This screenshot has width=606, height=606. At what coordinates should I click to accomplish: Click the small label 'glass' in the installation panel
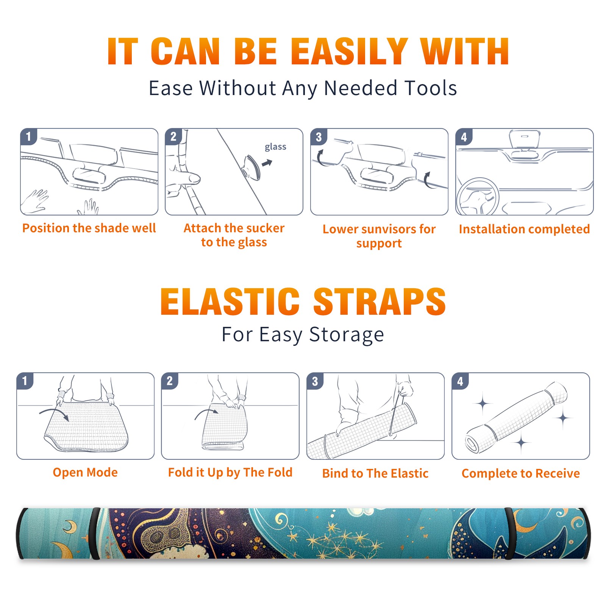(275, 147)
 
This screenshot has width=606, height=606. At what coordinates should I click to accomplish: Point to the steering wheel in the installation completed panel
(477, 197)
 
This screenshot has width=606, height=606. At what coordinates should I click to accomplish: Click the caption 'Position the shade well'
(89, 228)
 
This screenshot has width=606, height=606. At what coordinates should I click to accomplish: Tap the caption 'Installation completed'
(524, 229)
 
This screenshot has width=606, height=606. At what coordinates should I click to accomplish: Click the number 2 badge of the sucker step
(173, 136)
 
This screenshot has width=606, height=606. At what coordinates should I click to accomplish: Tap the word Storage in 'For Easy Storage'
(347, 335)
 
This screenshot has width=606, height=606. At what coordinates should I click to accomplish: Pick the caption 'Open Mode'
(85, 472)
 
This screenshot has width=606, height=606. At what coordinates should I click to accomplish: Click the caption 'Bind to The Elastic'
(375, 473)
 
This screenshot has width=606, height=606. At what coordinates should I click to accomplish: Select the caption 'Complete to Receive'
(521, 473)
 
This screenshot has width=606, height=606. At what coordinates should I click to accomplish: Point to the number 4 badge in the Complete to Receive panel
(460, 381)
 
